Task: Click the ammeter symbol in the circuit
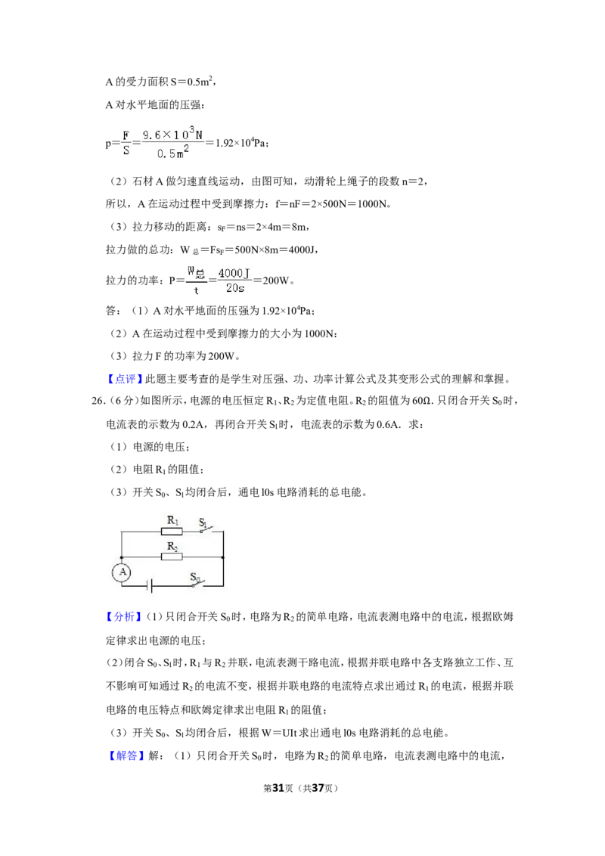tap(123, 572)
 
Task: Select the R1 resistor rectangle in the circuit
tap(172, 531)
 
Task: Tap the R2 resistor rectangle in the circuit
tap(172, 557)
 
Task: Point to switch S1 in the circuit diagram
tap(204, 527)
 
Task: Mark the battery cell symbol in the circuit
tap(150, 586)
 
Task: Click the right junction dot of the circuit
tap(223, 557)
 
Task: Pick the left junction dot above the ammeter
tap(121, 557)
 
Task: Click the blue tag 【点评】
tap(124, 379)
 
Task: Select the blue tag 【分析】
tap(124, 617)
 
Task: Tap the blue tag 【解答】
tap(124, 755)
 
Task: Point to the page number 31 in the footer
tap(278, 788)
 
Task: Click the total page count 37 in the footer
tap(318, 788)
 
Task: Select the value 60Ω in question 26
tap(421, 402)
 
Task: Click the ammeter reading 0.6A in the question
tap(388, 424)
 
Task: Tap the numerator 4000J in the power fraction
tap(234, 273)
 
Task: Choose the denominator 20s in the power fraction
tap(235, 287)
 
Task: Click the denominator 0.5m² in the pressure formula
tap(173, 152)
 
